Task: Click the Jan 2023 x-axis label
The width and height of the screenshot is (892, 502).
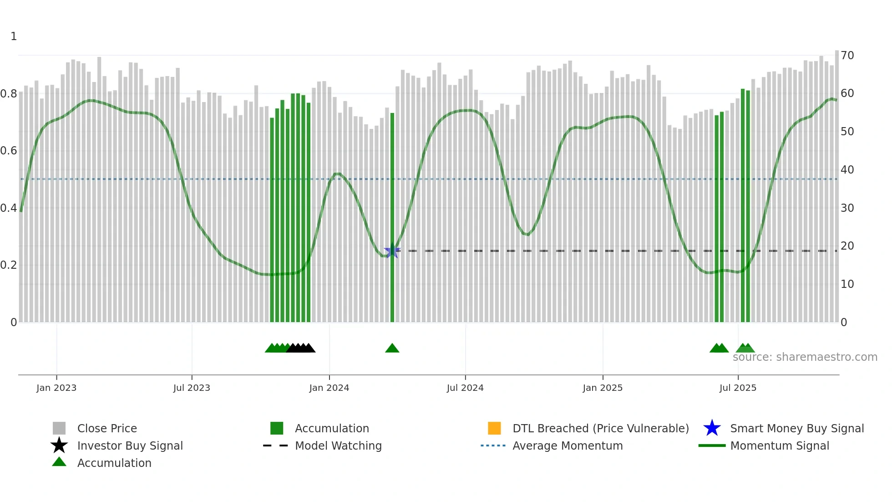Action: coord(56,388)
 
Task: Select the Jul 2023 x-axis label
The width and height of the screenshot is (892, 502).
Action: coord(192,388)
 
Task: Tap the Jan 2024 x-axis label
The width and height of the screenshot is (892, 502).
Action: coord(329,388)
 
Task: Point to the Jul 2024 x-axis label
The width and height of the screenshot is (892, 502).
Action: coord(465,388)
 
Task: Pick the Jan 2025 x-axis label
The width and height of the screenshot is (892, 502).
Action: coord(603,388)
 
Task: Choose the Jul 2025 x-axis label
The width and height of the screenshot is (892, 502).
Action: coord(738,388)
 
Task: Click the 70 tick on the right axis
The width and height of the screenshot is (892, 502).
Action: coord(847,56)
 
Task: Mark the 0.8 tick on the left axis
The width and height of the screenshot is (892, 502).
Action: coord(9,94)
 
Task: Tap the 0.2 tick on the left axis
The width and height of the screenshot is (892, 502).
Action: coord(9,265)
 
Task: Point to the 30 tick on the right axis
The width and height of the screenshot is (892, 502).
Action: coord(847,208)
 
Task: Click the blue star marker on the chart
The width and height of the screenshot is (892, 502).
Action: coord(392,251)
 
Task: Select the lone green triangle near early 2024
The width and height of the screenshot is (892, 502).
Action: coord(392,348)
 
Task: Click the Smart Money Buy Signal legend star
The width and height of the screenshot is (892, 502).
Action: coord(712,428)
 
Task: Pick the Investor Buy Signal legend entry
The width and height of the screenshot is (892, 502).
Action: coord(130,446)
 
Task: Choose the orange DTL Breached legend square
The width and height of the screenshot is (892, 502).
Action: coord(494,428)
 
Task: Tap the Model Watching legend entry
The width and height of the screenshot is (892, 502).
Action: coord(338,446)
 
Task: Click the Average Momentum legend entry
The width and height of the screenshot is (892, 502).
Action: coord(568,446)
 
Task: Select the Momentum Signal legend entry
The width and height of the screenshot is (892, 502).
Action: coord(780,446)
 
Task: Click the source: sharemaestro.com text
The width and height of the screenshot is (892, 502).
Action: coord(805,357)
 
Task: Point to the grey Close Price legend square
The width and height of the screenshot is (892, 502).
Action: coord(59,428)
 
